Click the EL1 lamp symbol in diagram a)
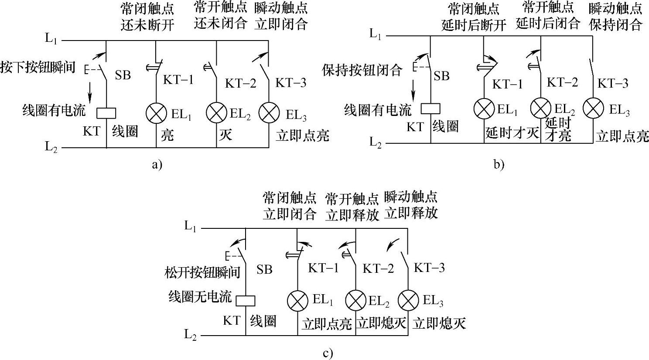(x=156, y=113)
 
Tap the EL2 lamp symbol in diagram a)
(x=216, y=113)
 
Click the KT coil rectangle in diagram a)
(x=106, y=113)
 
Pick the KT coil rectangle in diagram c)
(x=245, y=301)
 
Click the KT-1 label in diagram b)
(x=507, y=84)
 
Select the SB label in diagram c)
(x=264, y=270)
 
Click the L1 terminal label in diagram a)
(x=51, y=38)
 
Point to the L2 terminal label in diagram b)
(x=376, y=142)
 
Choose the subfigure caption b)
(x=499, y=164)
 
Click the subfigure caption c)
(x=328, y=353)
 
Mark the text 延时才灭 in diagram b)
(x=512, y=132)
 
